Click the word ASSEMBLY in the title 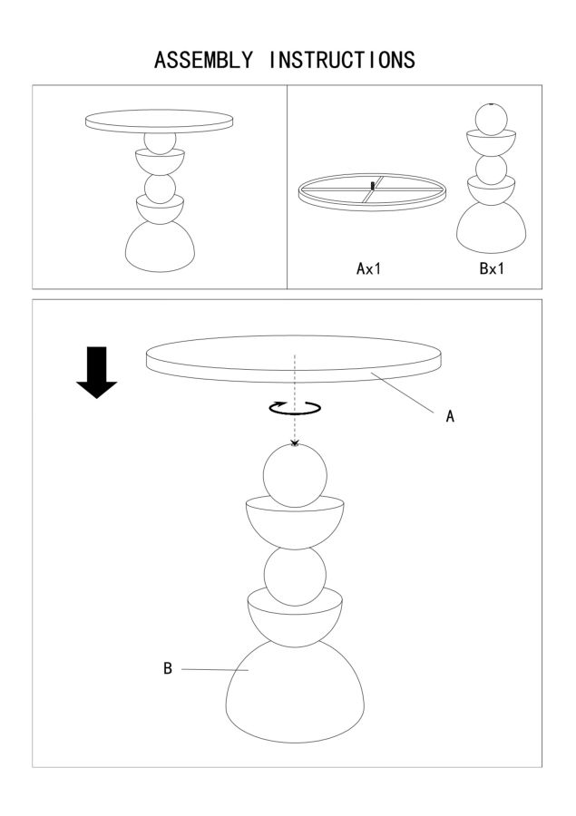[x=203, y=60]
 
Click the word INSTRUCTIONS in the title [x=342, y=60]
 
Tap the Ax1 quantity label [x=368, y=268]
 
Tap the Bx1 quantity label [x=492, y=268]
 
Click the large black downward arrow [x=97, y=373]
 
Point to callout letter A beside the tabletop [x=451, y=416]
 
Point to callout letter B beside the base [x=167, y=668]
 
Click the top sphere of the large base [x=295, y=476]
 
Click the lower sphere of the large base [x=295, y=576]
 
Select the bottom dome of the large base [x=295, y=692]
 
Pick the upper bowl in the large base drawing [x=295, y=523]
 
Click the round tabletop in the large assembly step [x=294, y=359]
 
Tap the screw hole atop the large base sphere [x=295, y=443]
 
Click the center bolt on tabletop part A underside [x=371, y=185]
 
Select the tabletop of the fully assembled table [x=159, y=121]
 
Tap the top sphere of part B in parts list [x=491, y=120]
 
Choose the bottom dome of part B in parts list [x=491, y=229]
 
